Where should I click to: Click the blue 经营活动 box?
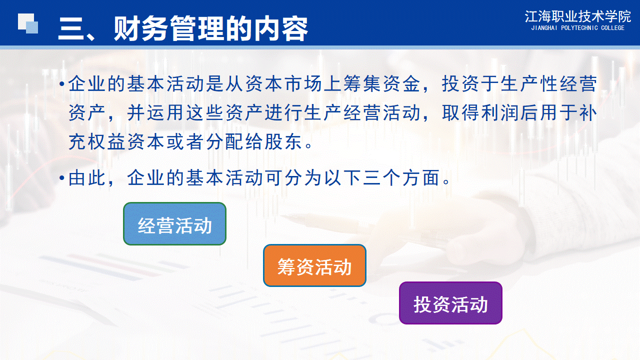[174, 223]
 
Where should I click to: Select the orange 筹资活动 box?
[314, 265]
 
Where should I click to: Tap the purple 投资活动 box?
[450, 303]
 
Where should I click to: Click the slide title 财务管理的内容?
[211, 28]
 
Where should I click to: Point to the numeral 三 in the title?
[70, 29]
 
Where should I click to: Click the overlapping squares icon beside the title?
[28, 23]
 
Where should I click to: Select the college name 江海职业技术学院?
[577, 16]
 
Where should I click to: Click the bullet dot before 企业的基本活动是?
[61, 84]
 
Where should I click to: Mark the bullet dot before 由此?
[61, 178]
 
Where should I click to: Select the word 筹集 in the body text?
[361, 83]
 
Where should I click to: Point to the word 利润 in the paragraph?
[499, 113]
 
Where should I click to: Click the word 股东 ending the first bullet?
[283, 141]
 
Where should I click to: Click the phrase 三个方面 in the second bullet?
[401, 177]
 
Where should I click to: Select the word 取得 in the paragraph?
[460, 113]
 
